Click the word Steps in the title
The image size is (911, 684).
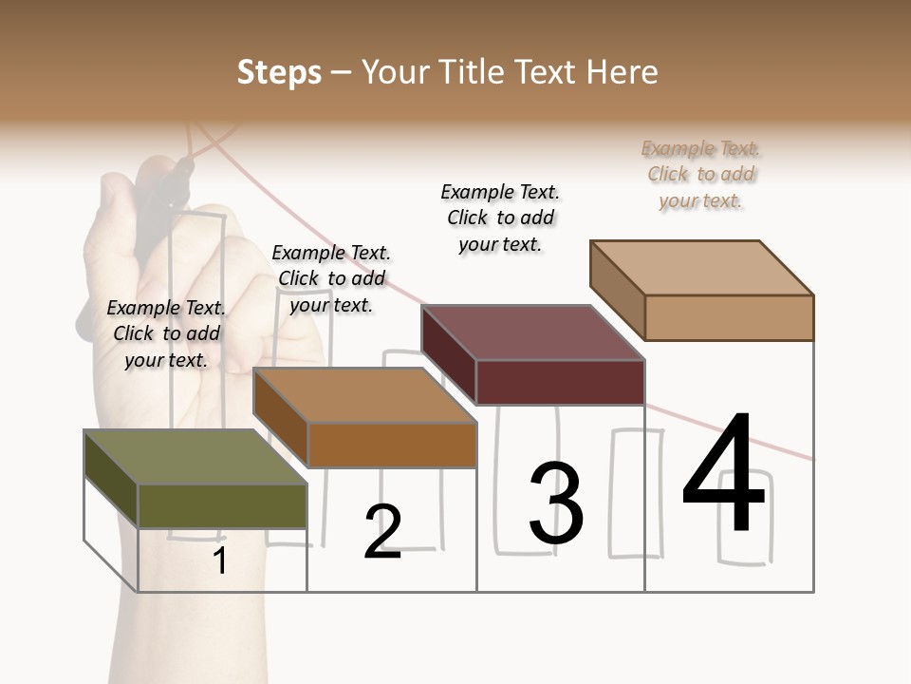(279, 72)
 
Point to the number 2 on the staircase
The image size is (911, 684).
(382, 532)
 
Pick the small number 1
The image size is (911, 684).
(219, 560)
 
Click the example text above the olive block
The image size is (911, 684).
(166, 333)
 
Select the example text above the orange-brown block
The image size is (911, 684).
(331, 278)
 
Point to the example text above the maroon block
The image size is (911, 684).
(500, 218)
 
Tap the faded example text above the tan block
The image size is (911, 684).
(701, 174)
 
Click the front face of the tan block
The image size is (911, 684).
(729, 317)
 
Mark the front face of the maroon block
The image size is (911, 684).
(560, 382)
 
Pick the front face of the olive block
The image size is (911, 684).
(222, 505)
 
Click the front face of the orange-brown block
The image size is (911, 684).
(391, 445)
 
